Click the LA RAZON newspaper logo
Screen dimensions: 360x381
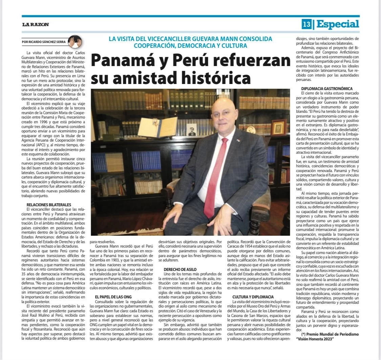(x=36, y=24)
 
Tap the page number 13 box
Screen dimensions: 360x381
(x=307, y=24)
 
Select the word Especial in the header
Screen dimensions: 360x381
(x=337, y=24)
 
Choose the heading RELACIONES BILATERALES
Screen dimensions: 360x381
(x=49, y=205)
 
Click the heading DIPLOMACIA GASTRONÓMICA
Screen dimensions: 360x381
(x=327, y=88)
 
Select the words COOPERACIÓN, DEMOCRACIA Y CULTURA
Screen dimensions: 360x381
(x=190, y=45)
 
